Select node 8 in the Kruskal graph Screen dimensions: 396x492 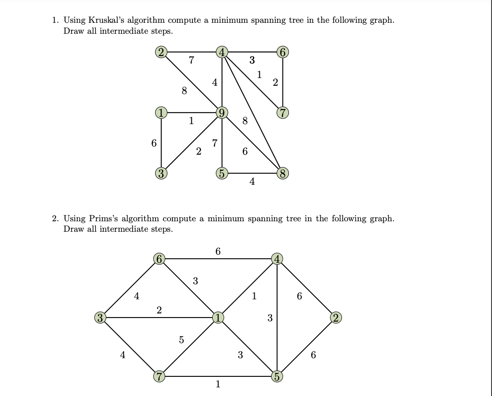(x=283, y=173)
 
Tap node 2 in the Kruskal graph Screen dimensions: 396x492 (x=161, y=52)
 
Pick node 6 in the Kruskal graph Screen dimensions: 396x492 (x=283, y=52)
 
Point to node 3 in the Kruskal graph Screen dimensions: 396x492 (x=161, y=173)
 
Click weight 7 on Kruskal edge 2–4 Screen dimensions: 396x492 (x=191, y=60)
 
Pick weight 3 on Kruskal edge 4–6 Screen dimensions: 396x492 (x=252, y=60)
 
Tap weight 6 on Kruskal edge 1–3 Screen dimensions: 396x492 (x=154, y=143)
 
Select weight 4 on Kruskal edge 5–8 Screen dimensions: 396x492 (x=252, y=182)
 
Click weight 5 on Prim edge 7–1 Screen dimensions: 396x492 (x=181, y=340)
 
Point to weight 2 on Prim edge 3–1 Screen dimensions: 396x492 (x=159, y=310)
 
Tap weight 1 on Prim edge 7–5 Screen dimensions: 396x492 (x=218, y=384)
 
